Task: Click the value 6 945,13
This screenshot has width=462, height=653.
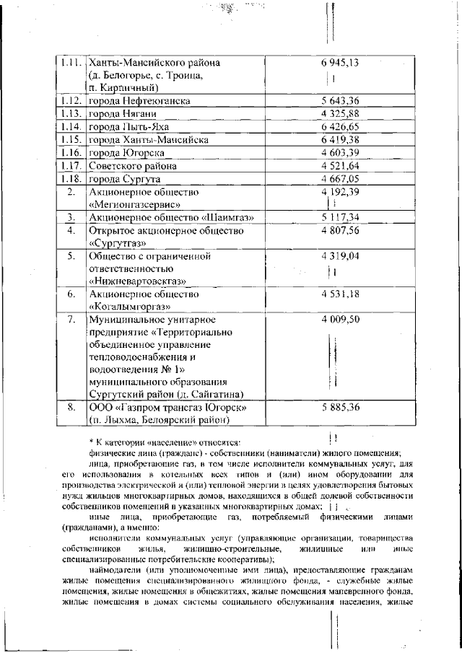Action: pyautogui.click(x=339, y=63)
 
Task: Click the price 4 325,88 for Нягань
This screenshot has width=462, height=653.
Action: pyautogui.click(x=339, y=113)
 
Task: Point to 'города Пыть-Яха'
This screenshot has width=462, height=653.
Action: pyautogui.click(x=129, y=126)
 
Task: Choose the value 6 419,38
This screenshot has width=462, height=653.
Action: pyautogui.click(x=339, y=139)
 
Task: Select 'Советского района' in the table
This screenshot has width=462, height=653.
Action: pyautogui.click(x=131, y=165)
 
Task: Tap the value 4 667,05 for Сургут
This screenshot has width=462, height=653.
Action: pyautogui.click(x=339, y=178)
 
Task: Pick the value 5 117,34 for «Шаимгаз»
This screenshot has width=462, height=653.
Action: pyautogui.click(x=339, y=217)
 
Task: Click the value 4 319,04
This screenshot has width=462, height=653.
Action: pyautogui.click(x=339, y=256)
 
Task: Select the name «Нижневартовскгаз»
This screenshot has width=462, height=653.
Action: pyautogui.click(x=138, y=282)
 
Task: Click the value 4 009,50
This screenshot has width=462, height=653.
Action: pyautogui.click(x=339, y=320)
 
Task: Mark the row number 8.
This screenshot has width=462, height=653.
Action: pyautogui.click(x=71, y=408)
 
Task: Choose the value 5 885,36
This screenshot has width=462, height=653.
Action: pyautogui.click(x=339, y=408)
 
